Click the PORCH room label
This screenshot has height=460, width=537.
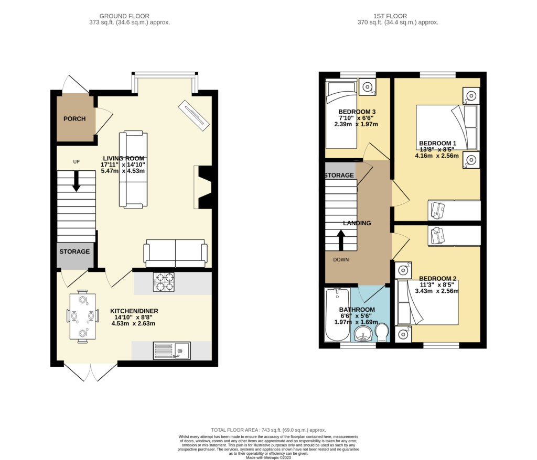tap(74, 119)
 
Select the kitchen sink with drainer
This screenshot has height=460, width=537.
tap(172, 351)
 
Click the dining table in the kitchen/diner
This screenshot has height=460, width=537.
tap(83, 316)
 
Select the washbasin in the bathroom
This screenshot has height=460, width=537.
tap(361, 334)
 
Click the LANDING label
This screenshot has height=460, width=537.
tap(357, 223)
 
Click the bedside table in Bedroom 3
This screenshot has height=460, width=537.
tap(368, 86)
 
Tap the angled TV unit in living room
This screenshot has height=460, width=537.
tap(194, 115)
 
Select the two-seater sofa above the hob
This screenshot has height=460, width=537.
tap(176, 254)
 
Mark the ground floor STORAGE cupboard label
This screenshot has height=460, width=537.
tap(74, 251)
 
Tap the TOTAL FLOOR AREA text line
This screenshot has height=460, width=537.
tap(268, 429)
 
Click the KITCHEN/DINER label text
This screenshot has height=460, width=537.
tap(134, 311)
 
